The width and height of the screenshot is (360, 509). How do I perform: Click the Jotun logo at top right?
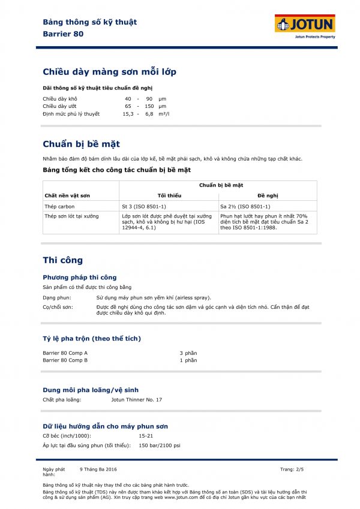click(x=305, y=25)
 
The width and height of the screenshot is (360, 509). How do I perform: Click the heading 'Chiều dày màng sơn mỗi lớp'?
click(x=109, y=72)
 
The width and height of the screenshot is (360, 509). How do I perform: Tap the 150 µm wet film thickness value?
click(x=154, y=106)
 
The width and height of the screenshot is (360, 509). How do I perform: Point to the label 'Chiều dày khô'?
click(x=60, y=98)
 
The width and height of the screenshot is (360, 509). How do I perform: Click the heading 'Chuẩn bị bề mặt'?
click(x=81, y=144)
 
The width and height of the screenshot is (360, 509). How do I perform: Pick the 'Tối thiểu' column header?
click(x=169, y=195)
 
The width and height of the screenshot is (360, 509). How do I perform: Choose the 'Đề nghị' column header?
click(x=268, y=195)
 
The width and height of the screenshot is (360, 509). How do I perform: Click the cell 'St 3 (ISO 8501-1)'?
click(x=143, y=206)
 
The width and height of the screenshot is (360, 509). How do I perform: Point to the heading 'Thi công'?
click(x=62, y=260)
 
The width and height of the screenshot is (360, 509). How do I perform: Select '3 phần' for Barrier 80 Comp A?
click(x=188, y=353)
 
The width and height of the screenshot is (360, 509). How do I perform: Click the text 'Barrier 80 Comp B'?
click(x=65, y=360)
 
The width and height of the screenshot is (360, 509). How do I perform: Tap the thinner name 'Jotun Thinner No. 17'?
click(x=137, y=399)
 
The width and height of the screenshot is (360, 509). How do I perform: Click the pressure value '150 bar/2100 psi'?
click(x=160, y=445)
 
